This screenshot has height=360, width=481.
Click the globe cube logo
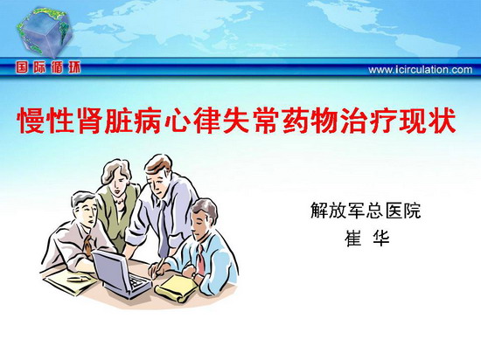[45, 32]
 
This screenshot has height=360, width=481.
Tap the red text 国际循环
[48, 67]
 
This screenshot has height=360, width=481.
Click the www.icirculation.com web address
[421, 70]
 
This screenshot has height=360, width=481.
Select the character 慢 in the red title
[31, 121]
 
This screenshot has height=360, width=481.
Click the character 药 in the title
[295, 121]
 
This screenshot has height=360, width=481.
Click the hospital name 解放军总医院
[366, 211]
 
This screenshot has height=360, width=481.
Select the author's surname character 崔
[353, 238]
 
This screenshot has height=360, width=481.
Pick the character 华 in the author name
[380, 238]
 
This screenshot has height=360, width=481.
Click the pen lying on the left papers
[77, 279]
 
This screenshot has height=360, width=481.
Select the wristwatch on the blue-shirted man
[194, 275]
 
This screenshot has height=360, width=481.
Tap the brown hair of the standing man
[158, 165]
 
